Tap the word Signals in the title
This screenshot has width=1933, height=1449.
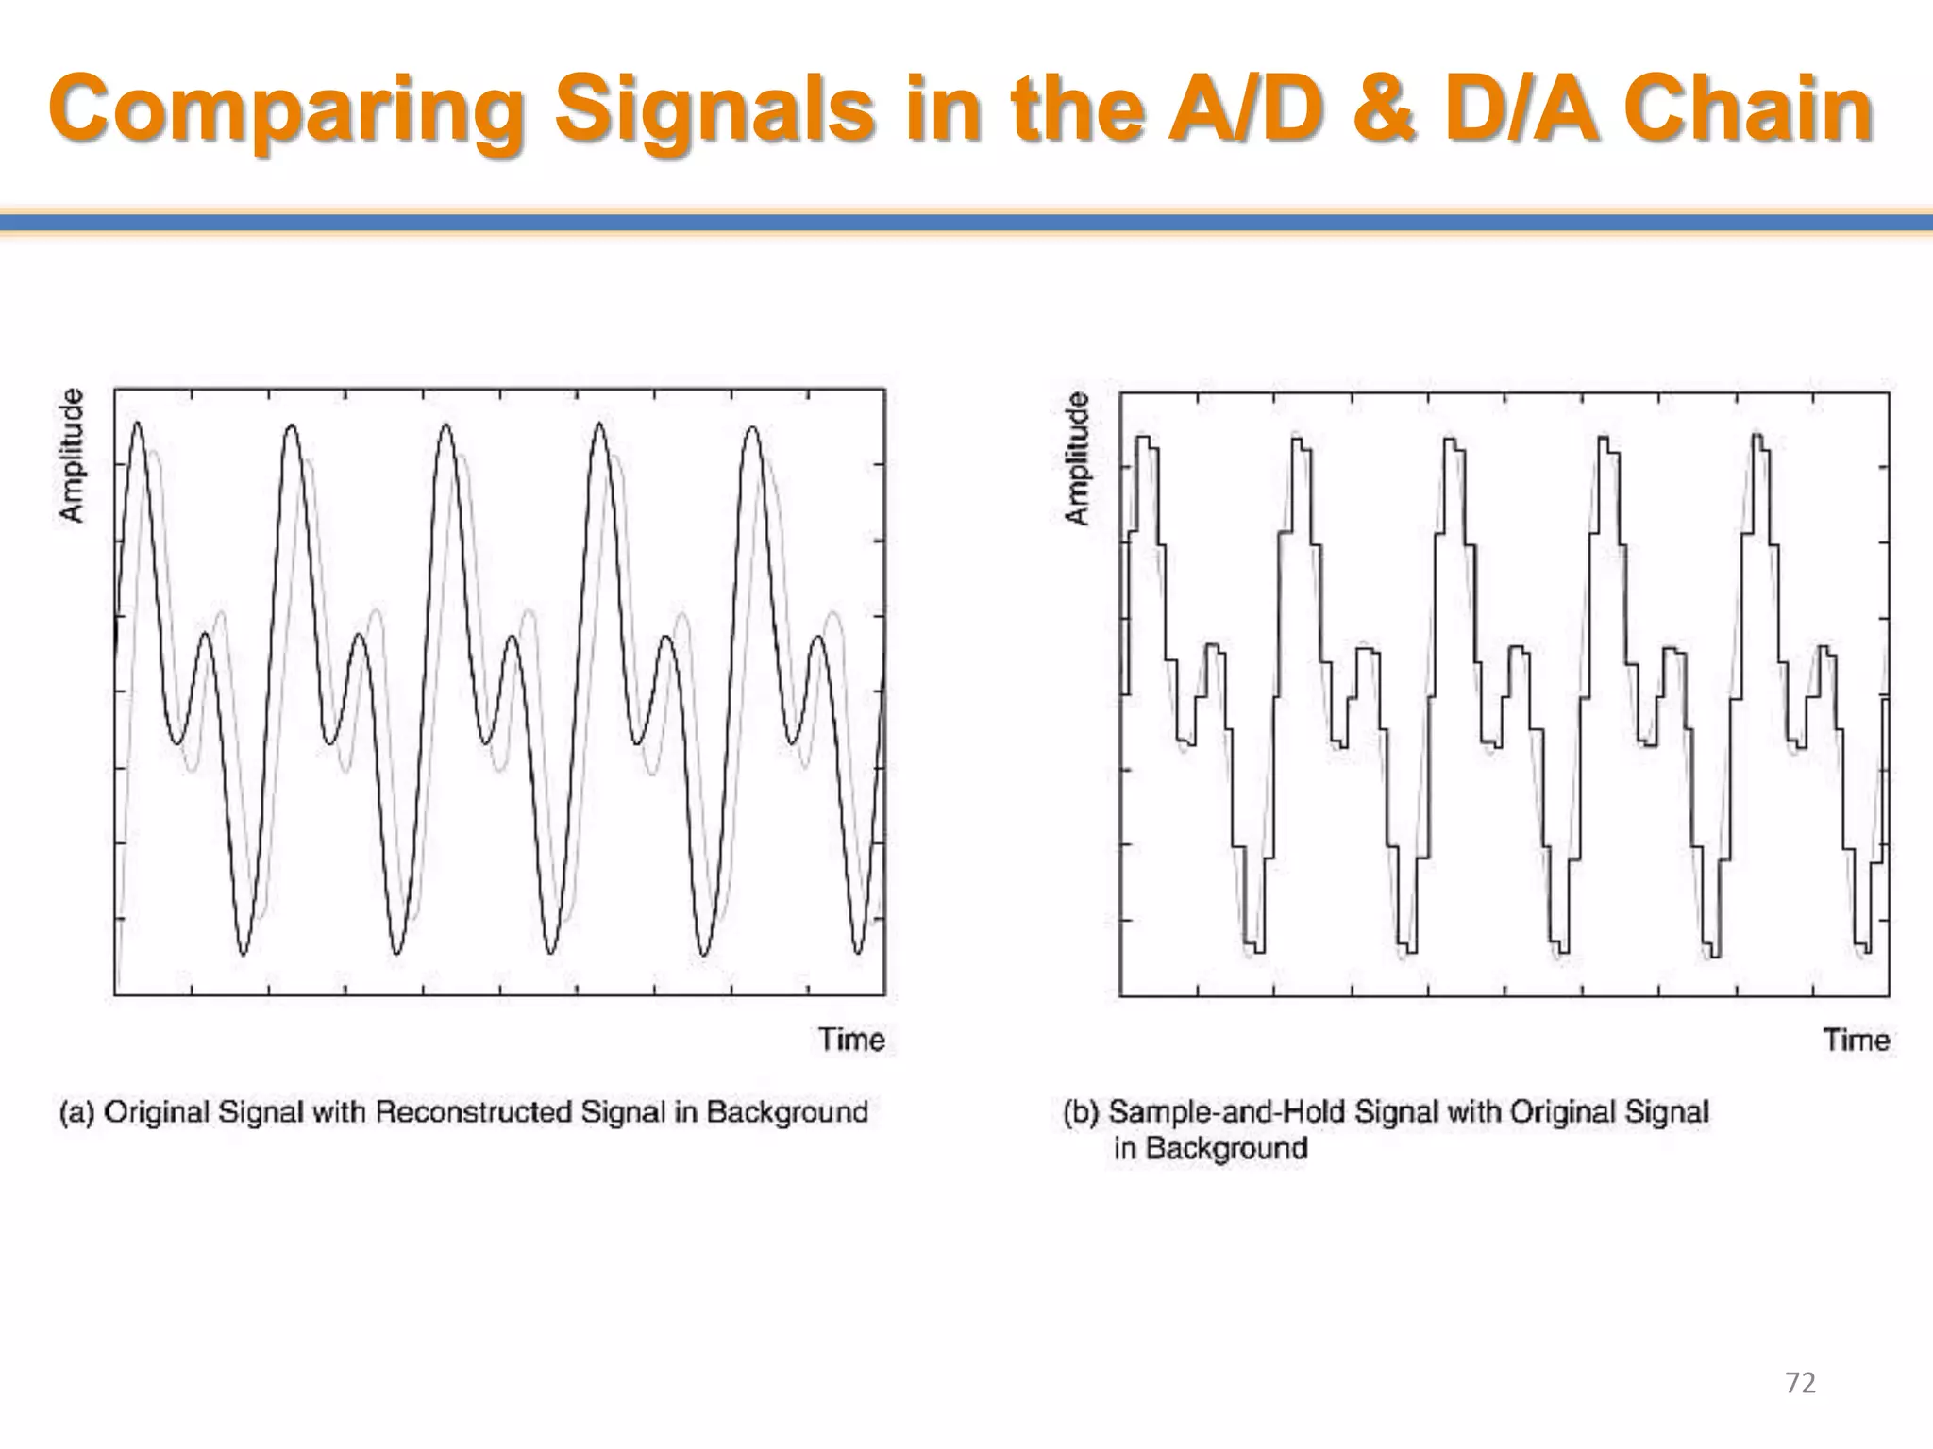click(x=714, y=111)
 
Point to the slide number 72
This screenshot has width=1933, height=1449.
click(x=1801, y=1383)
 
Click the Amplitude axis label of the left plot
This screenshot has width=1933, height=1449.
click(x=72, y=455)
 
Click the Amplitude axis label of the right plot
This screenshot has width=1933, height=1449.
click(x=1077, y=458)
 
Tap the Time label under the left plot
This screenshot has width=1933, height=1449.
click(x=851, y=1040)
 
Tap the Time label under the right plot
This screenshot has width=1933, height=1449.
click(x=1856, y=1041)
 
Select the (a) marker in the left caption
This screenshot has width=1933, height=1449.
click(x=76, y=1112)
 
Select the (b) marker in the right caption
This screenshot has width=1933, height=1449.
click(x=1082, y=1112)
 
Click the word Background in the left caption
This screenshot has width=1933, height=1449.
click(x=786, y=1112)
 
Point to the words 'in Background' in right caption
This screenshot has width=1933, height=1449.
click(x=1210, y=1149)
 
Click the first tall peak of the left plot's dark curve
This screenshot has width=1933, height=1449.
click(x=138, y=425)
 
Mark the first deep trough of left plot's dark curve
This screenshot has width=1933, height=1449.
click(x=243, y=954)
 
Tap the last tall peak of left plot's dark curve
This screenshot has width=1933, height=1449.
click(x=752, y=429)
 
